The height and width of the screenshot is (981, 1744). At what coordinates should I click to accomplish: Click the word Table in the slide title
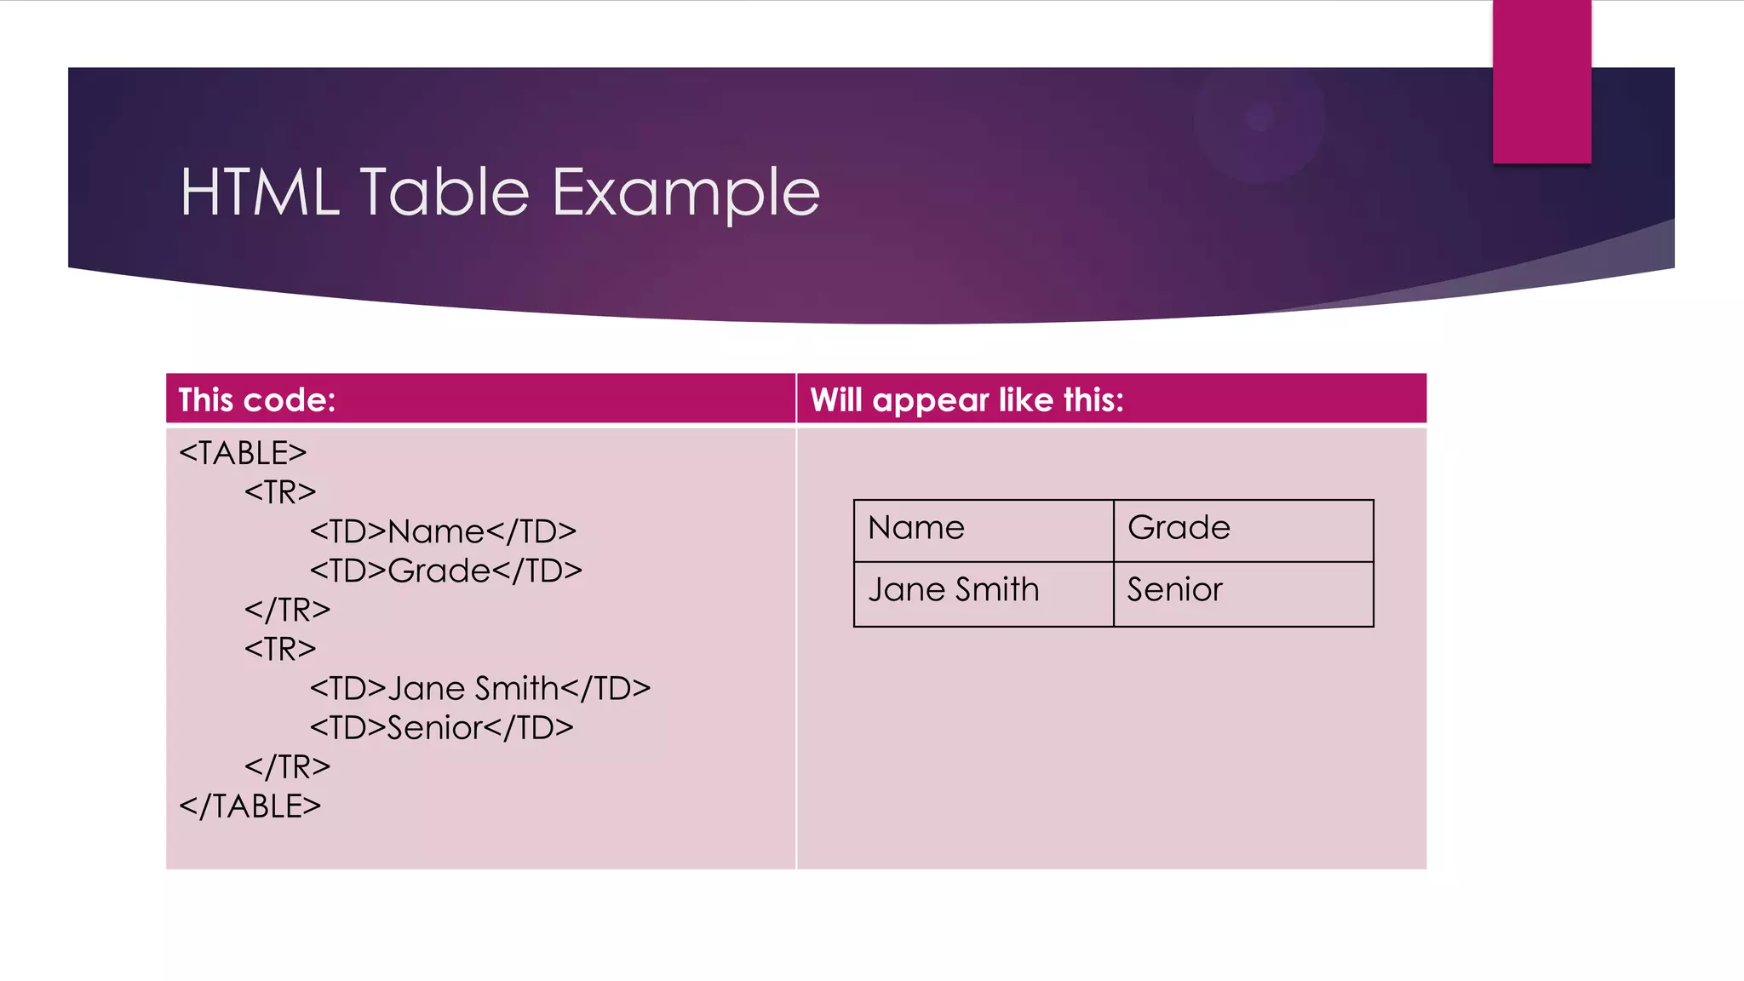coord(445,192)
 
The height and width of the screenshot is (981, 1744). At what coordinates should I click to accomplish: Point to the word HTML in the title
coord(259,192)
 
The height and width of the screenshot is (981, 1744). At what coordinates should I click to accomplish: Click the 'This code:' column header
coord(257,400)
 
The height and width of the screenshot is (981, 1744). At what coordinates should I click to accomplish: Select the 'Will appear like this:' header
coord(967,400)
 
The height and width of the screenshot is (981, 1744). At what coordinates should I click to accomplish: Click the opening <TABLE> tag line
coord(243,453)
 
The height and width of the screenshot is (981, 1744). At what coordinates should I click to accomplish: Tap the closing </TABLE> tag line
coord(250,806)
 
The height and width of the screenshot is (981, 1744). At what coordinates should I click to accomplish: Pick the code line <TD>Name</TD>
coord(443,531)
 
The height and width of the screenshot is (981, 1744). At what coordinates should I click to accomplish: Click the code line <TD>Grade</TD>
coord(445,571)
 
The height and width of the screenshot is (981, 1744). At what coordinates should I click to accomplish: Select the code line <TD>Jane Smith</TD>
coord(479,688)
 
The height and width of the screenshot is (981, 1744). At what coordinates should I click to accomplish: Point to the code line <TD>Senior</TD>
coord(441,728)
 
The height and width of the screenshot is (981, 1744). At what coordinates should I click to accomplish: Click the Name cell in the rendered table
coord(916,528)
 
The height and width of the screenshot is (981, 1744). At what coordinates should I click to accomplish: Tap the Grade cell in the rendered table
coord(1179,528)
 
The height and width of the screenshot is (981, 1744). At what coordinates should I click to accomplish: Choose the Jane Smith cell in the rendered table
coord(954,590)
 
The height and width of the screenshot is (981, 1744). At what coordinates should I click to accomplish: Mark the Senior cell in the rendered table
coord(1174,590)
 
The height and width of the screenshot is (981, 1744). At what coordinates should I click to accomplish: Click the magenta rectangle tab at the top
coord(1541,81)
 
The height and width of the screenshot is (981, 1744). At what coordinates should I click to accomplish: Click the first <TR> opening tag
coord(280,492)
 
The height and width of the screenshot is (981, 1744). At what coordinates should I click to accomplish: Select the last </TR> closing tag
coord(287,767)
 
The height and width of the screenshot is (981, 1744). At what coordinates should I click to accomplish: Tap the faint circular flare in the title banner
coord(1259,118)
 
